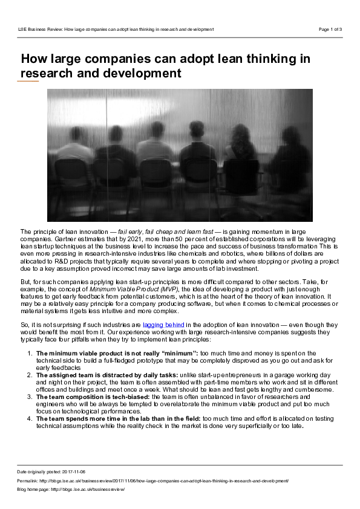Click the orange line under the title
pos(28,81)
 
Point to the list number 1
pos(30,352)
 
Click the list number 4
pos(30,418)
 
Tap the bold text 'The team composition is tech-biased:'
pos(93,397)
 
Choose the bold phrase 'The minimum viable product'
pos(80,352)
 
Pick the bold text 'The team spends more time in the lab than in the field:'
pos(118,418)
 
